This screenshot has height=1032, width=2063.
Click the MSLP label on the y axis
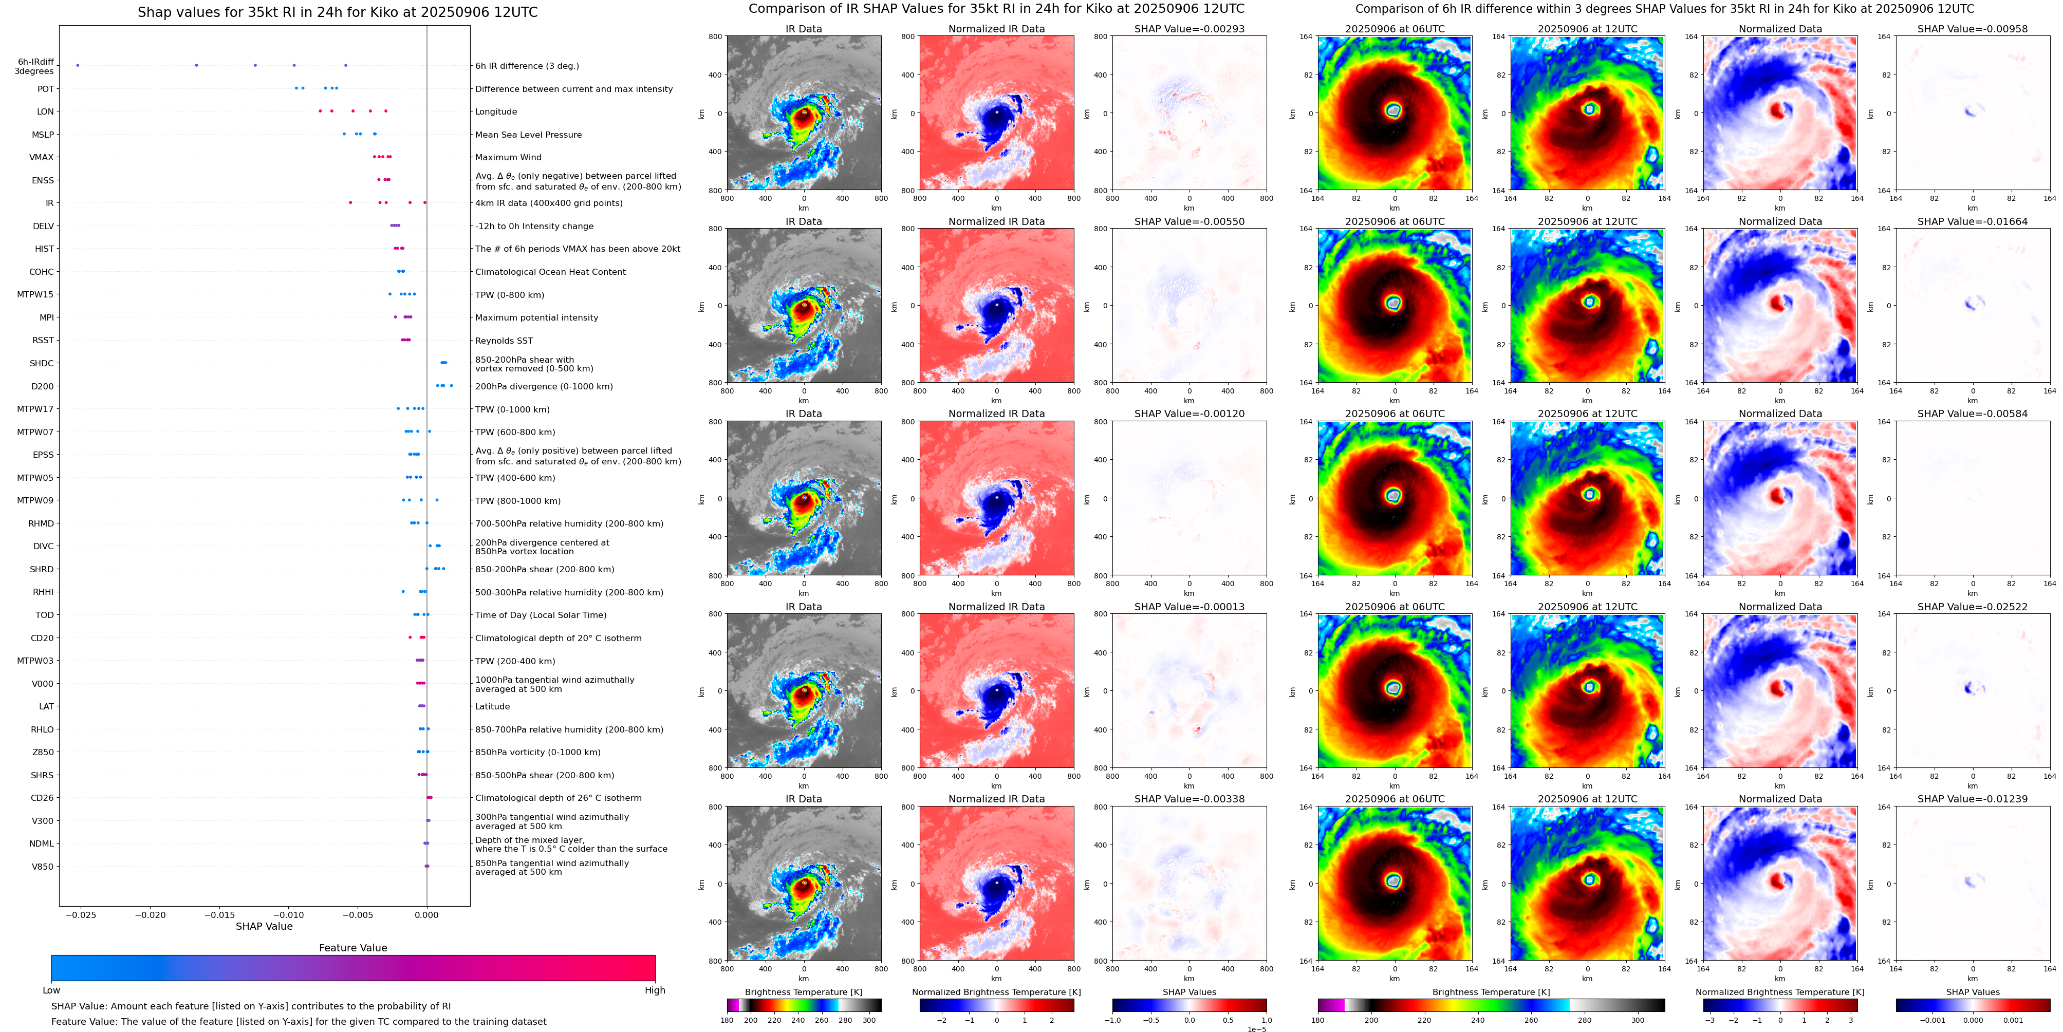pos(43,135)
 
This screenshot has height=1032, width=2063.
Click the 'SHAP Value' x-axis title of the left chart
pos(264,926)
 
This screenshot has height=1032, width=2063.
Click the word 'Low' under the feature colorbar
pos(51,990)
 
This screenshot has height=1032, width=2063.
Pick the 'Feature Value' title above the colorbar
pos(352,948)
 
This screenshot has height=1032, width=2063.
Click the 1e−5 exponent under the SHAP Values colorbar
pos(1256,1029)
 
